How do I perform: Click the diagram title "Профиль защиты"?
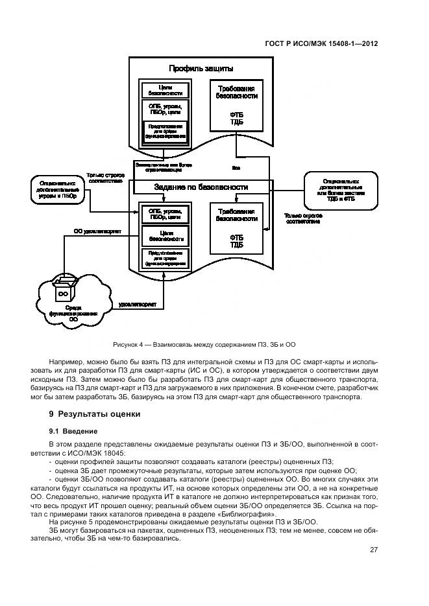[x=201, y=68]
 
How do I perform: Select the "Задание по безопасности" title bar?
[x=201, y=187]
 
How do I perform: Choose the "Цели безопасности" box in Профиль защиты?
[x=165, y=90]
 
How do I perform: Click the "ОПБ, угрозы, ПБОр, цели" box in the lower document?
[x=165, y=214]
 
